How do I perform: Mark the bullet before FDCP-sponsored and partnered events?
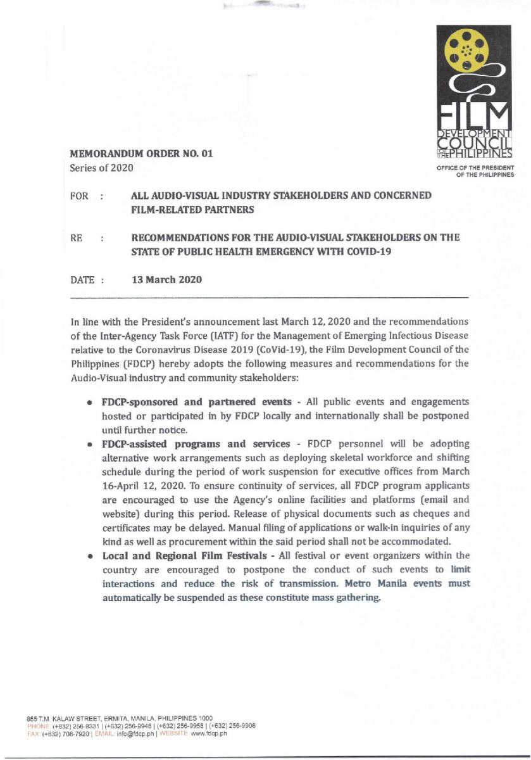[93, 403]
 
